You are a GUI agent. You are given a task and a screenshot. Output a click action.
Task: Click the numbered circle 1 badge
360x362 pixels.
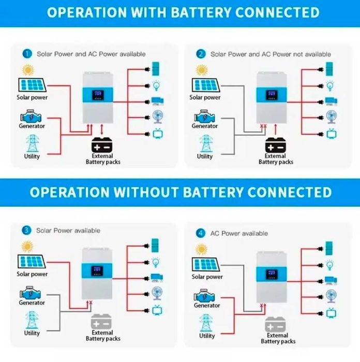(x=27, y=53)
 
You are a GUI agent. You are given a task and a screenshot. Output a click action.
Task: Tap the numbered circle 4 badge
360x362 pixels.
(x=201, y=233)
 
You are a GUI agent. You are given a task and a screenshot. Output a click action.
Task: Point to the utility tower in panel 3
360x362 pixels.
(x=32, y=320)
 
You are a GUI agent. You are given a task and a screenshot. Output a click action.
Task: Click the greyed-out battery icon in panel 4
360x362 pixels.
(x=278, y=324)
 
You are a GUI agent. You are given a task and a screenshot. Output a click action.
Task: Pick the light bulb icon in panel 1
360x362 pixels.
(x=156, y=84)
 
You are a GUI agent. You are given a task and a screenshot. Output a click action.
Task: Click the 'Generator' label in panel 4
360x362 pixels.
(x=207, y=306)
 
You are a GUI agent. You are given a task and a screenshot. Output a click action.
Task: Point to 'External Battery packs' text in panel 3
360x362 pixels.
(x=102, y=336)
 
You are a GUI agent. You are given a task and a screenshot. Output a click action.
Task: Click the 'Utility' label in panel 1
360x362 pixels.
(x=32, y=156)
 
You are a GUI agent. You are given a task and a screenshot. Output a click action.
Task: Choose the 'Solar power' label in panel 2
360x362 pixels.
(x=205, y=97)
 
